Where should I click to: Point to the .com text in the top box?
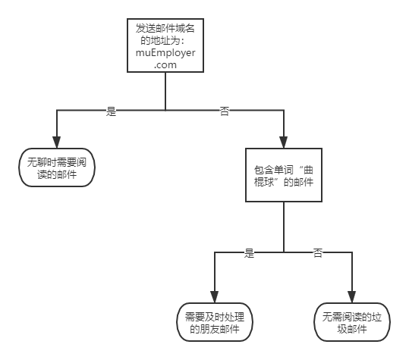pos(165,66)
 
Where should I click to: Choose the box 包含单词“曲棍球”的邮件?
pos(283,174)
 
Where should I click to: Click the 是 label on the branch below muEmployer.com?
pos(111,110)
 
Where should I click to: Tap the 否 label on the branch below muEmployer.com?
pos(225,110)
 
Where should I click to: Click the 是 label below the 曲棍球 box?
pos(249,252)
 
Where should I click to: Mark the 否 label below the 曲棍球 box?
pos(318,252)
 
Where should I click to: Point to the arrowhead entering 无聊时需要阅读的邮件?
pos(56,144)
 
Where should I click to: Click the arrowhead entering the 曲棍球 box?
pos(283,143)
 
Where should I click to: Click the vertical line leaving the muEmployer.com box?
pos(165,91)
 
